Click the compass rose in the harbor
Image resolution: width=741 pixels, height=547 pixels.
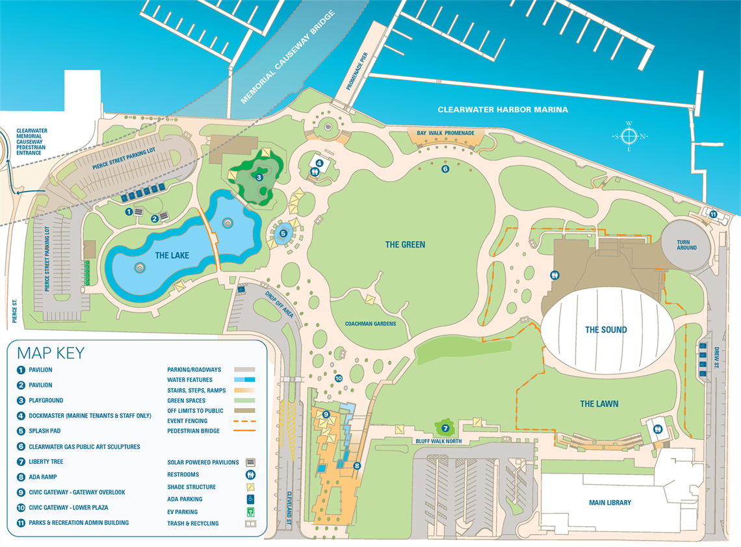(629, 136)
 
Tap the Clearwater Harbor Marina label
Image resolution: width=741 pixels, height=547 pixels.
(502, 110)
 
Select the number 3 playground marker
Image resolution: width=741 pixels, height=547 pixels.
(259, 177)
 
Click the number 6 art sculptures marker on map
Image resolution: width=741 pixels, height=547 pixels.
(445, 169)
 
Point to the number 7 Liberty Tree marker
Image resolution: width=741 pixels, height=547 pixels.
(445, 428)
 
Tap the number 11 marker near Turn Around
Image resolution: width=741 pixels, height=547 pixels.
(713, 214)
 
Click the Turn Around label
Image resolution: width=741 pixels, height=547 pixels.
(686, 244)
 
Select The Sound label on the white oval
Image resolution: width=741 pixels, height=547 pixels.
(606, 329)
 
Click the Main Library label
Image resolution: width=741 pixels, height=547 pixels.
(610, 502)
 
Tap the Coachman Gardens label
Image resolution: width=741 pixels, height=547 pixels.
(370, 324)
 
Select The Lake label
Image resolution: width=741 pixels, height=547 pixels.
(172, 255)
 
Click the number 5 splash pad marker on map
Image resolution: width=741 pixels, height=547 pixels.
(283, 233)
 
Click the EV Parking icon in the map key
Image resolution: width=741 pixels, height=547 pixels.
(250, 512)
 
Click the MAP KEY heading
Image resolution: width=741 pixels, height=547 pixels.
(51, 353)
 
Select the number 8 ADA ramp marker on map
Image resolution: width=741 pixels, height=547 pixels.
(356, 465)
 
